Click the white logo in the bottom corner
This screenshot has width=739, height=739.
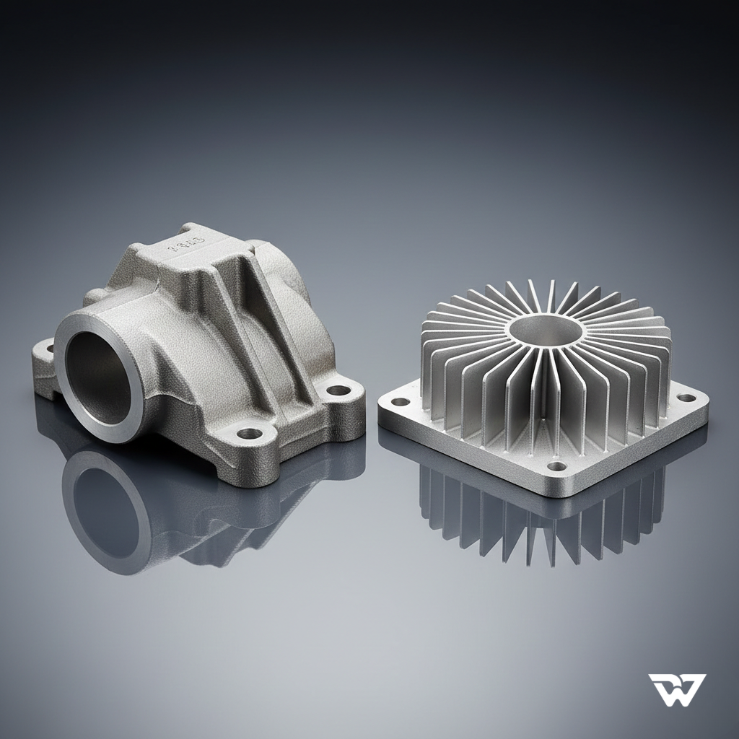point(676,689)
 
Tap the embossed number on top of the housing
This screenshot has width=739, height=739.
point(187,241)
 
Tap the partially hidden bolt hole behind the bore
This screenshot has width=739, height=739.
point(50,349)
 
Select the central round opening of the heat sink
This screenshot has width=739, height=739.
point(546,330)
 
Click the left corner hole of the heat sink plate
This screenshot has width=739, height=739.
point(399,401)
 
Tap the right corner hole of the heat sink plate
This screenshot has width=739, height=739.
point(687,398)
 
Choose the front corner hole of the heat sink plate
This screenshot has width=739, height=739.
point(556,466)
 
